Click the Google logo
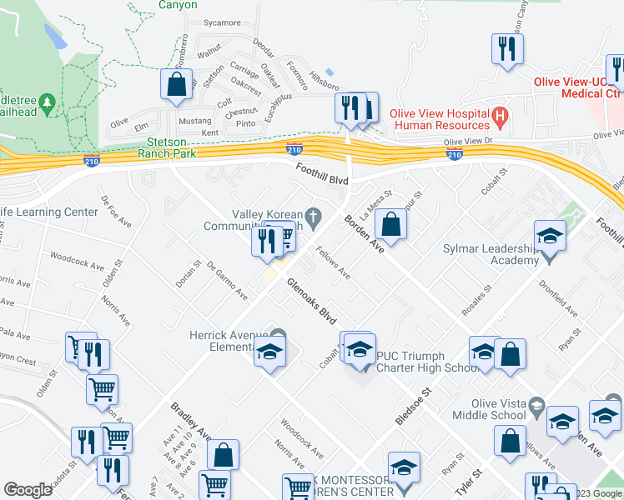click(28, 490)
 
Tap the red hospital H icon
click(500, 118)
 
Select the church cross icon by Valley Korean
click(314, 218)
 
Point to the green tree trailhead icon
click(48, 102)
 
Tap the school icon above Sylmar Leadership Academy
click(550, 236)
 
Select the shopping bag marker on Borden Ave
click(390, 222)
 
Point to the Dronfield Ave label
click(559, 299)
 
